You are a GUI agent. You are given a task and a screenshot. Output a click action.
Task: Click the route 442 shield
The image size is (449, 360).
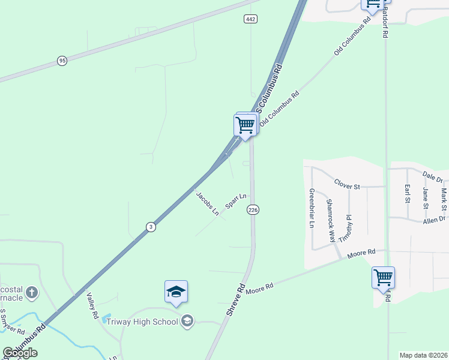click(x=250, y=19)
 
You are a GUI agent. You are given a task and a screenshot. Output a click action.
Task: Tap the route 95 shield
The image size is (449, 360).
click(x=62, y=61)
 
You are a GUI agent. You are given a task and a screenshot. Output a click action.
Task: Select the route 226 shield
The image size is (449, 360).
click(x=253, y=209)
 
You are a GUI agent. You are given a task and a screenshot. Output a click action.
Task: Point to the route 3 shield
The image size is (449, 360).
click(x=151, y=226)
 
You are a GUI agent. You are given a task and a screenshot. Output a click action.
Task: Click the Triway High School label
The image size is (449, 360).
click(x=142, y=322)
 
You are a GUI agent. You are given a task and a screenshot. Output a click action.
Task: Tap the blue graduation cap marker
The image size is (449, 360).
click(x=176, y=292)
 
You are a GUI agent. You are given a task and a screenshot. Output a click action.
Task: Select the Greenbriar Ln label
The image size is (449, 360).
click(x=312, y=209)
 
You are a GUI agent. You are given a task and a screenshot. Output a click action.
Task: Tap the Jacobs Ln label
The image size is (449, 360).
click(x=207, y=203)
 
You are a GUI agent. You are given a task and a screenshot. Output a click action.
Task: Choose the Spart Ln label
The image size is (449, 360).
click(x=236, y=200)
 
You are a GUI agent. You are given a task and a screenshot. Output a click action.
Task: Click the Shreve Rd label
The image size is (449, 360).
click(x=236, y=301)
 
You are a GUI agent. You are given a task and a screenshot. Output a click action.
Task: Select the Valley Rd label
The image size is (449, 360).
click(x=92, y=305)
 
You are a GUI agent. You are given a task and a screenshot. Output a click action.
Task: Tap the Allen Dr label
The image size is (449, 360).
click(x=434, y=220)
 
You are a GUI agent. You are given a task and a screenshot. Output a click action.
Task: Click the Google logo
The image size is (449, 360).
click(x=19, y=353)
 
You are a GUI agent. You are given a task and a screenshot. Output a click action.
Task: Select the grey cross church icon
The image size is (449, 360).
click(x=32, y=293)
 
